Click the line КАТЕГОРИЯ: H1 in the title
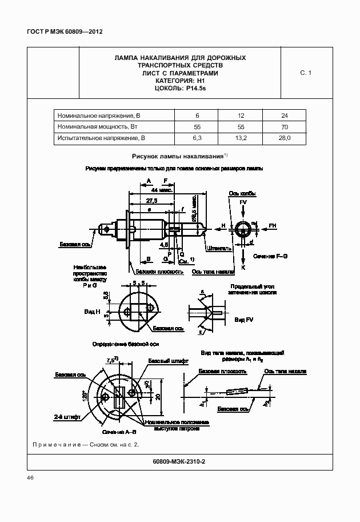(180, 81)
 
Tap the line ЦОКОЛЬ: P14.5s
(180, 89)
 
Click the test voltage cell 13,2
(241, 138)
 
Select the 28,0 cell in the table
(285, 138)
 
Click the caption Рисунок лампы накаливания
(178, 156)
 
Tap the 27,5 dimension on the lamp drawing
(152, 201)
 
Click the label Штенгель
(221, 249)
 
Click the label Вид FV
(243, 318)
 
